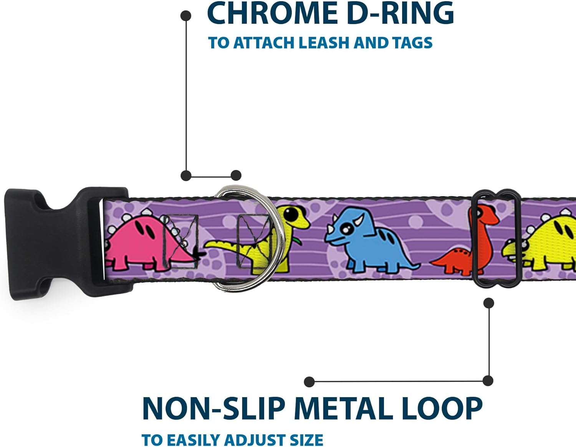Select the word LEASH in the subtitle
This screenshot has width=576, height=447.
(x=323, y=43)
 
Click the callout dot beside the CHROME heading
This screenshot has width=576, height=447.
(x=186, y=16)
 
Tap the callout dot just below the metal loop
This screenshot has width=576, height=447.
(x=488, y=303)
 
